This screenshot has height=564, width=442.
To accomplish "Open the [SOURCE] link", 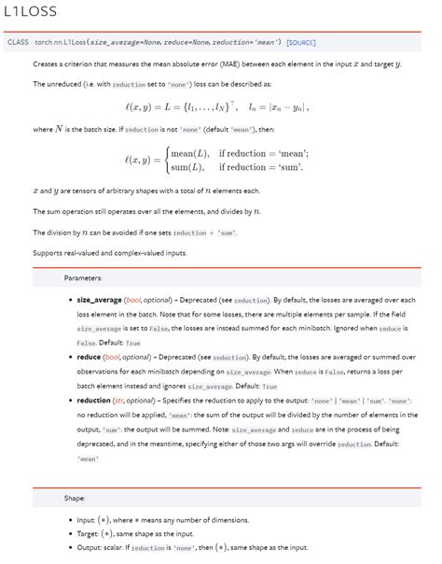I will [x=301, y=43].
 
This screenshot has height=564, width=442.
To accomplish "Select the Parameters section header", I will [x=83, y=278].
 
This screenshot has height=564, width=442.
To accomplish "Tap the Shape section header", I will [x=75, y=498].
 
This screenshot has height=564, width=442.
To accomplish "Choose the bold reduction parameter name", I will [x=93, y=400].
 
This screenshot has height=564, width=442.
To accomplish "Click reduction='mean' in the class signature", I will [x=251, y=43].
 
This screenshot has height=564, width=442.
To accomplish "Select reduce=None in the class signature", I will [x=193, y=43].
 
